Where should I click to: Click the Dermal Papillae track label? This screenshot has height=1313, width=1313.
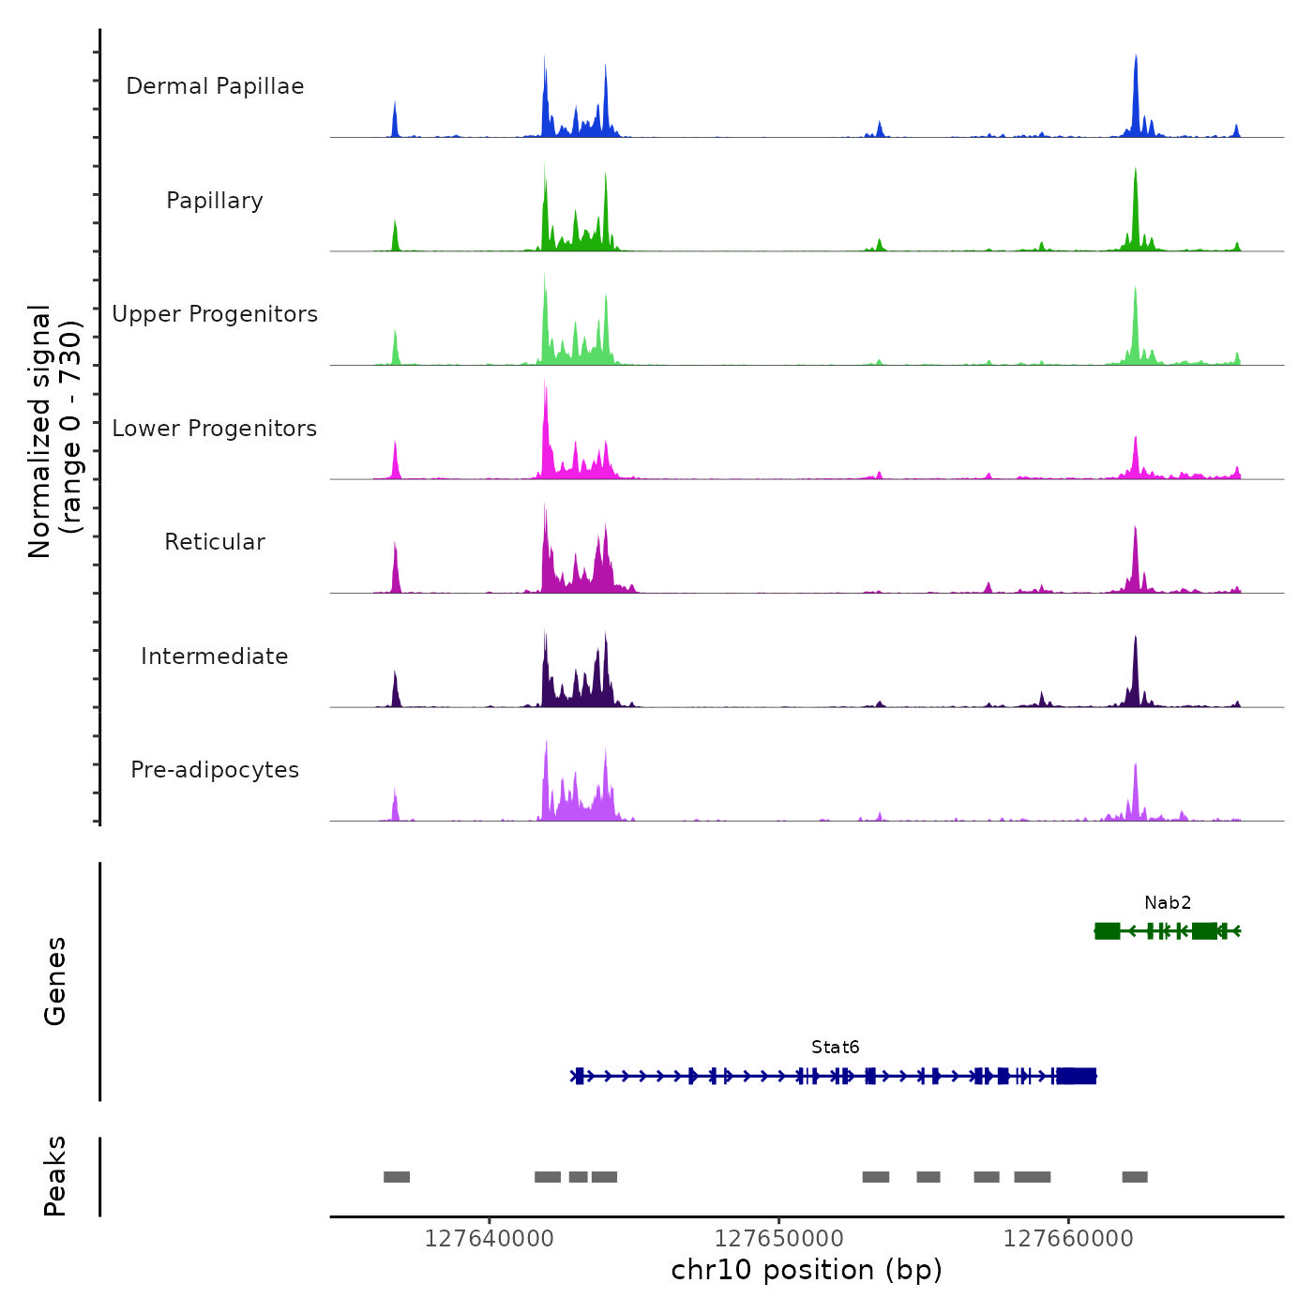pos(215,86)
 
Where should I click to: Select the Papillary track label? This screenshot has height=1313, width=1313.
pos(215,201)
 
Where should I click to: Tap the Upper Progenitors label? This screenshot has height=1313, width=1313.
pos(215,314)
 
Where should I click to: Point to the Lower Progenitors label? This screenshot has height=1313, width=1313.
pos(215,429)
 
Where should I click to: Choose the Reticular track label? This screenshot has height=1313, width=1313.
pos(215,542)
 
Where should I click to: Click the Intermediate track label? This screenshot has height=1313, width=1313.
pos(215,656)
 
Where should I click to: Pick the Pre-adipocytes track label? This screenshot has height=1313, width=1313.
pos(215,770)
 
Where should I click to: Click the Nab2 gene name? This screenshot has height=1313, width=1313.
pos(1168,903)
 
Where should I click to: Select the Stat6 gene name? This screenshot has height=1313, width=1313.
pos(836,1048)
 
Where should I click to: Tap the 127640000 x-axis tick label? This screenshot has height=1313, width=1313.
pos(489,1239)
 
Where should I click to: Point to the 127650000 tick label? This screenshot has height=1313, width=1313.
pos(778,1239)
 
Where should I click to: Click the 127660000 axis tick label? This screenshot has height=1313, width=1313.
pos(1068,1239)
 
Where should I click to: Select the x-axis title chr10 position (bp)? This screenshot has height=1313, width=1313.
pos(807,1270)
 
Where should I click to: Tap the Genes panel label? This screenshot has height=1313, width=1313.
pos(55,981)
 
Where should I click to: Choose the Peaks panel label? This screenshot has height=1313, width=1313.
pos(55,1176)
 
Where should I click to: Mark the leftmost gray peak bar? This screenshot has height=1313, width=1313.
pos(397,1177)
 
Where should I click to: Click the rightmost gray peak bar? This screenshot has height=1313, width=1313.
pos(1135,1177)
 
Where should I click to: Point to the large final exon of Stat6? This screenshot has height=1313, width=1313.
pos(1077,1076)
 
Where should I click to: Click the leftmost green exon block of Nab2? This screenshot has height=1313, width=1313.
pos(1108,930)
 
